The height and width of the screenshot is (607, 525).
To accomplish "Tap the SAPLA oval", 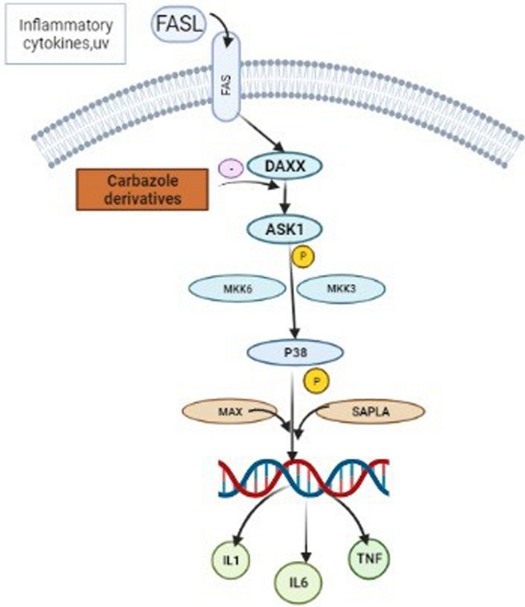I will [x=370, y=412].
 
